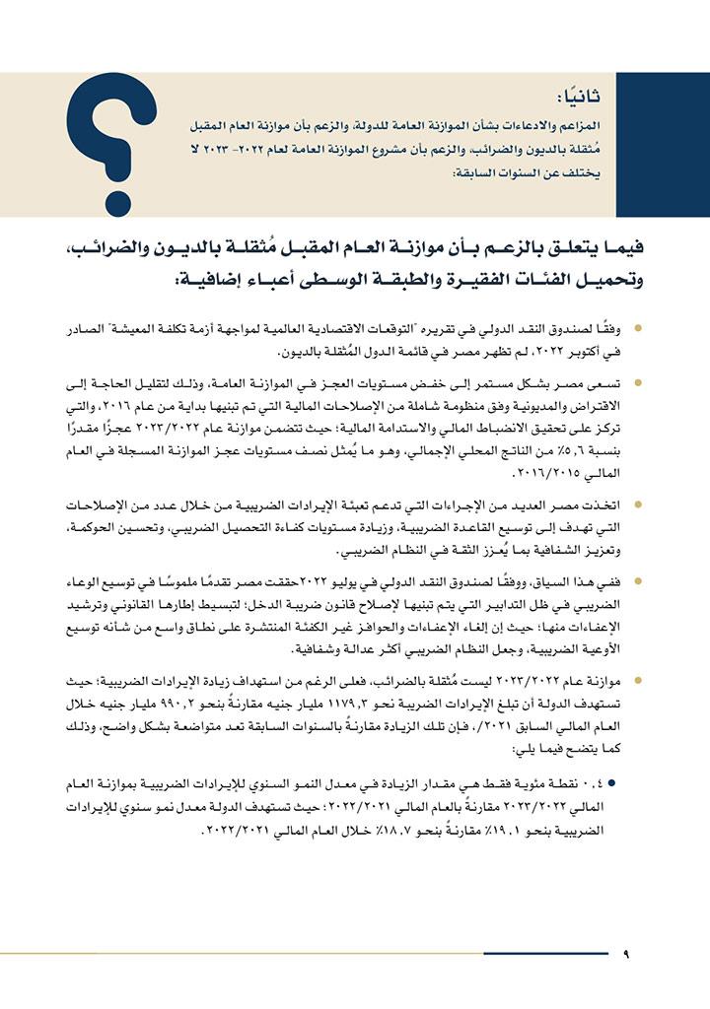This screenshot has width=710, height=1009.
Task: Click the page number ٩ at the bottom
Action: point(627,954)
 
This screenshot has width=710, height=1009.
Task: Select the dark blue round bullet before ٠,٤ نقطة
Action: point(639,782)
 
